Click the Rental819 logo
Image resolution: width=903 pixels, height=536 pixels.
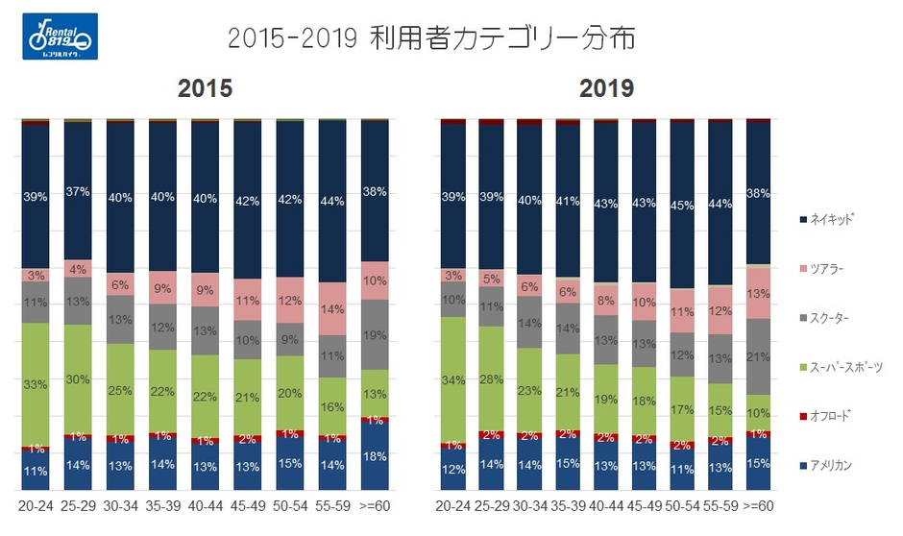(59, 37)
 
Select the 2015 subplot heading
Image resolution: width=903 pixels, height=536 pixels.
(206, 88)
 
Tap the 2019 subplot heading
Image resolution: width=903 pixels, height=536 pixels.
(606, 88)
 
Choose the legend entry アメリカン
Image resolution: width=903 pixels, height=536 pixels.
(834, 465)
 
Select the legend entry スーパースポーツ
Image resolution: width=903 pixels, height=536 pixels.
(844, 367)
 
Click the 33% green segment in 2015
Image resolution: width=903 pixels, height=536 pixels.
(36, 384)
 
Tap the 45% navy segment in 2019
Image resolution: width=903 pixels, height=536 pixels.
(682, 205)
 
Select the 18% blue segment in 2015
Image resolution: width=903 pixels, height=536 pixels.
(375, 456)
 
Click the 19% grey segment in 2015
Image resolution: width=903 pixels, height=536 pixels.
(375, 334)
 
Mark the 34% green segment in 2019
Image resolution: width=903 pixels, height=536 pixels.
(452, 378)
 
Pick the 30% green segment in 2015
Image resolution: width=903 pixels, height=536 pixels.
(78, 378)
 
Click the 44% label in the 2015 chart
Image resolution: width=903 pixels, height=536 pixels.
(332, 202)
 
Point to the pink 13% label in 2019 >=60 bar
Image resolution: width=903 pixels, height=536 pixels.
(758, 294)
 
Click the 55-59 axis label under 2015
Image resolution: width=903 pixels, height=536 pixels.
(332, 506)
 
